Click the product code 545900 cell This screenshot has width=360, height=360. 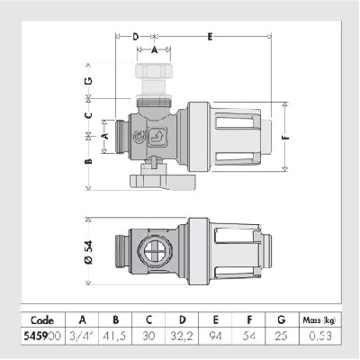pyautogui.click(x=42, y=336)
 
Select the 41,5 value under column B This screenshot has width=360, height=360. pyautogui.click(x=114, y=336)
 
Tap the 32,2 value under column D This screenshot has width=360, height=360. pyautogui.click(x=182, y=336)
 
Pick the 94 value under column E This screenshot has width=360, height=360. pyautogui.click(x=215, y=336)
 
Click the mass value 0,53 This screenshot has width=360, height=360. pyautogui.click(x=320, y=336)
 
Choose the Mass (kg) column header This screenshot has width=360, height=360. pyautogui.click(x=319, y=320)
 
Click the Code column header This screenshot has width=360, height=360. pyautogui.click(x=42, y=320)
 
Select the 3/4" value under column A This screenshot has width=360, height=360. pyautogui.click(x=82, y=336)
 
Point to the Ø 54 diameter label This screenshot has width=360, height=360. pyautogui.click(x=89, y=252)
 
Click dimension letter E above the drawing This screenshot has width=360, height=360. pyautogui.click(x=211, y=37)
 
